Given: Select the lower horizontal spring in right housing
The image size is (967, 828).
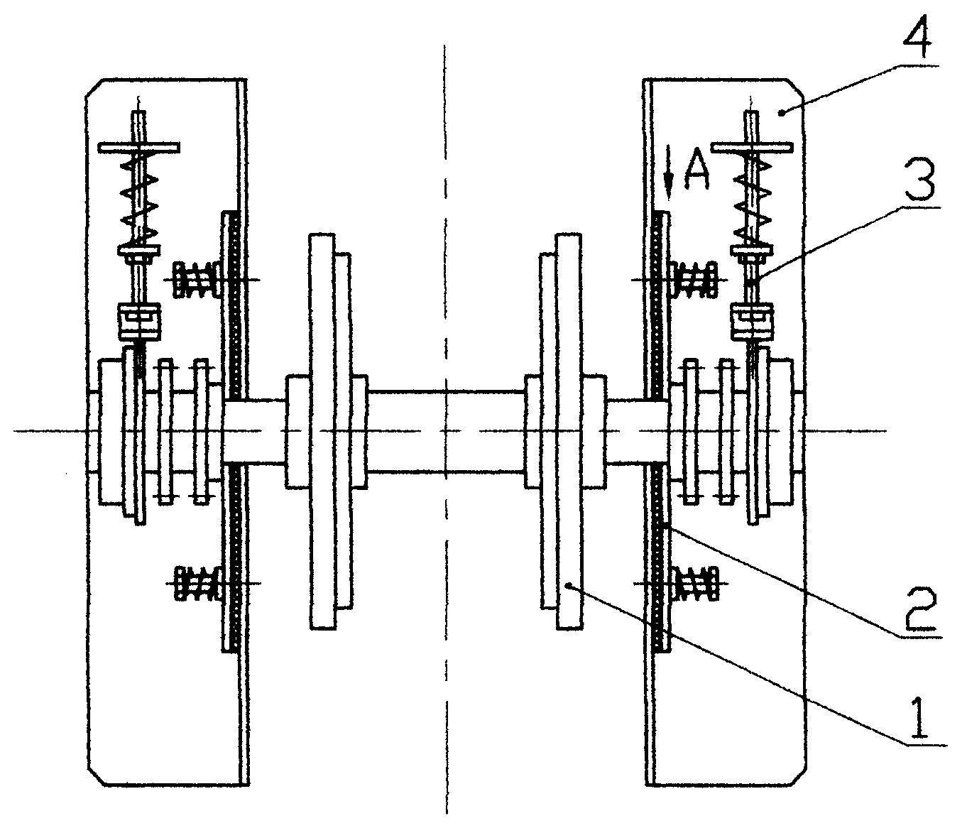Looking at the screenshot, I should (695, 583).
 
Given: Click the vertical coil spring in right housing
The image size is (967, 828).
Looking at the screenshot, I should (753, 199).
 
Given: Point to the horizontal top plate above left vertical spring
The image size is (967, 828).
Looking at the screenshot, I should (139, 148).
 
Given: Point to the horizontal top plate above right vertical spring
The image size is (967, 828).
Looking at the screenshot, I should (751, 148).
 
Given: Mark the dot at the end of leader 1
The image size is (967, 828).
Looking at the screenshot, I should (569, 584).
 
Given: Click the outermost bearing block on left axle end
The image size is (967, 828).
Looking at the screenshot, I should (111, 431).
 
